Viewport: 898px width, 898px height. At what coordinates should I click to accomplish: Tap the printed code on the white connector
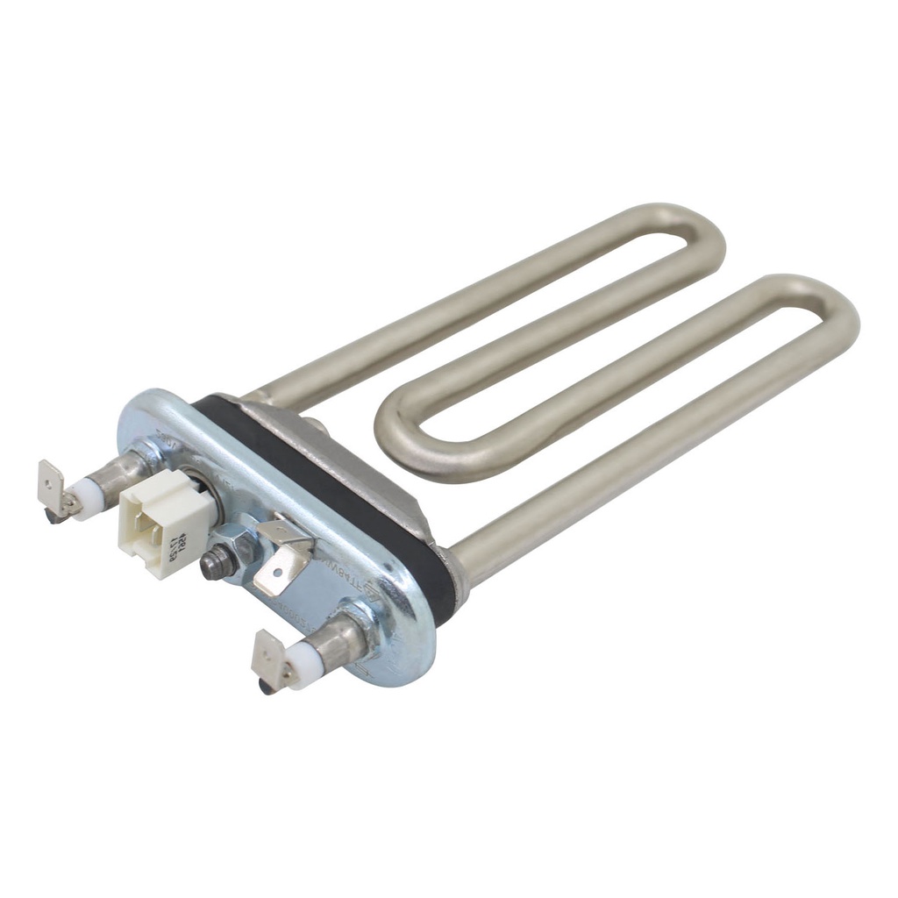coord(175,541)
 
